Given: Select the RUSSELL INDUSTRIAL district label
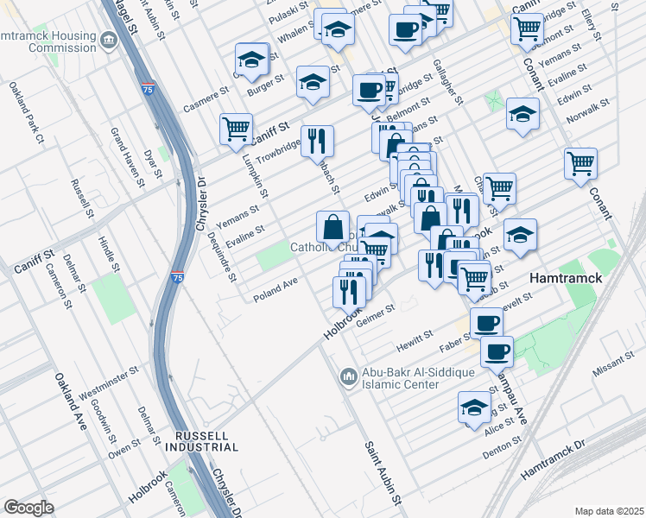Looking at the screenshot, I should coord(205,441).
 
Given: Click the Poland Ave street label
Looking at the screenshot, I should coord(275,295).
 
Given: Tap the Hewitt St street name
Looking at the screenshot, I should coord(415,338).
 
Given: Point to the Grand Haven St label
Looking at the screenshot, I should coord(126,156).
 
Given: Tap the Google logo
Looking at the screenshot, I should coord(28,507).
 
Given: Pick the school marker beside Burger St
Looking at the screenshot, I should coord(251,60).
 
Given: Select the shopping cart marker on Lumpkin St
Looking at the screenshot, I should coord(235,129).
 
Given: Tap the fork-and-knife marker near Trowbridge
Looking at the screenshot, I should coord(318,141).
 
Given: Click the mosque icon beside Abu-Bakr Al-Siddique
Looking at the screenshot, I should coord(348,376).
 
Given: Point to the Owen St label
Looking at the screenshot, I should coord(124,446).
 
